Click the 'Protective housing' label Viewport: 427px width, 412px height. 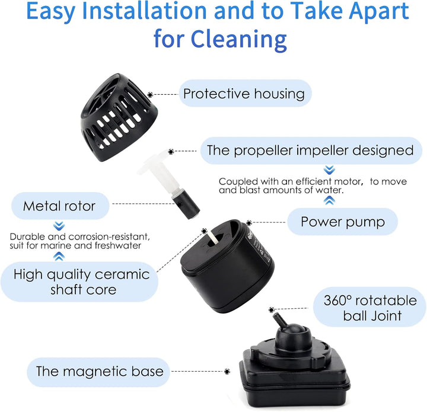coord(243,94)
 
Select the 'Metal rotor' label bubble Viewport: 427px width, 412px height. coord(59,206)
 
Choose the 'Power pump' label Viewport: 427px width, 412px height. coord(342,222)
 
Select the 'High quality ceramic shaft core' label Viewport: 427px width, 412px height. coord(81,282)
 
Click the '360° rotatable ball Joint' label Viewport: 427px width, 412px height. coord(370,308)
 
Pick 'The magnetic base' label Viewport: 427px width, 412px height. coord(99,372)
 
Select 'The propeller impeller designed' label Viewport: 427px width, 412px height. coord(309,150)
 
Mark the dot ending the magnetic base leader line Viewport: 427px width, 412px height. coord(227,372)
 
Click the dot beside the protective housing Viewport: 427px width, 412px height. coord(151,94)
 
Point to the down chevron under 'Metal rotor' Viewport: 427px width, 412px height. coord(59,226)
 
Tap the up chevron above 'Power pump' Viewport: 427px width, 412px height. coord(330,200)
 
